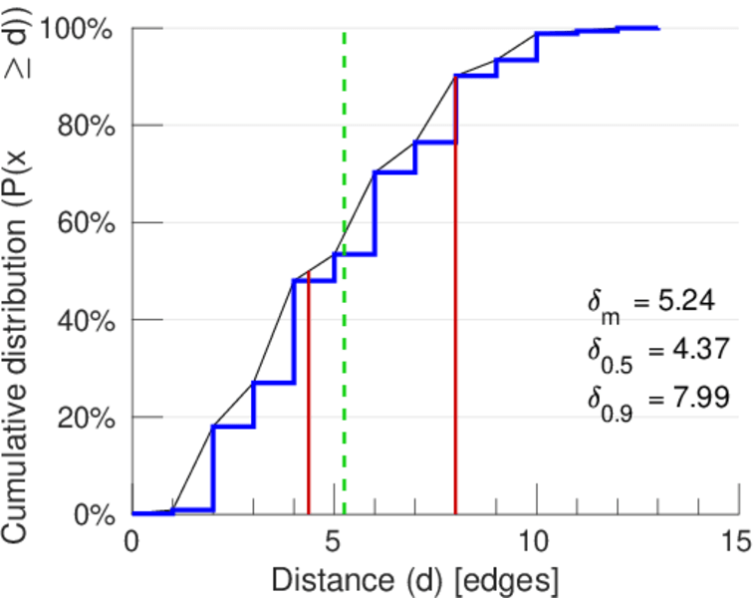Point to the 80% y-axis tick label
88,127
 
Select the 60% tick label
88,223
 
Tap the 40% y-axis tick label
88,320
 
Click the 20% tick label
88,418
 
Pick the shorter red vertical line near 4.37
309,399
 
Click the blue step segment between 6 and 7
394,172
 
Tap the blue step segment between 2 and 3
233,427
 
